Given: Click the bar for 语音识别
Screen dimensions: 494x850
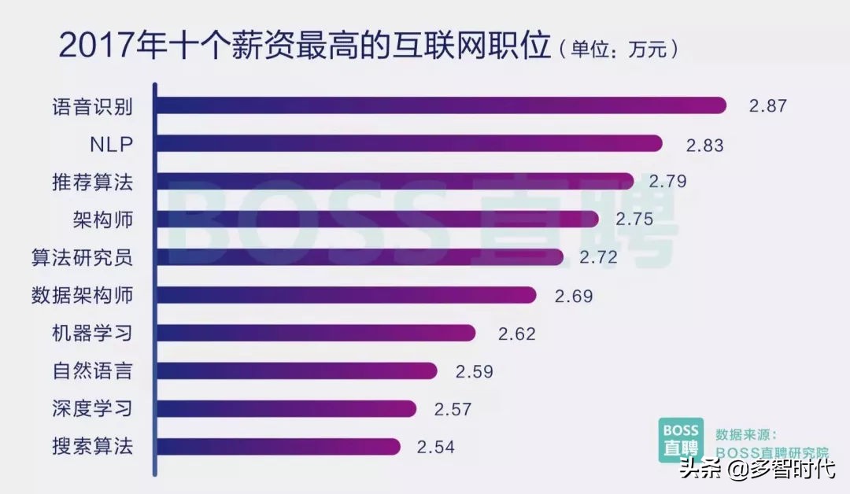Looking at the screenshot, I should point(441,105).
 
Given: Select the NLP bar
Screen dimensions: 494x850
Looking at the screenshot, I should point(409,143).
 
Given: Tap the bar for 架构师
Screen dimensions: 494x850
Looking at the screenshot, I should point(378,219).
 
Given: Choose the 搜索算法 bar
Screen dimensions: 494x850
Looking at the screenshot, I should point(279,447).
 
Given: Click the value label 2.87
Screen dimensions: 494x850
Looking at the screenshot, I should point(767,106).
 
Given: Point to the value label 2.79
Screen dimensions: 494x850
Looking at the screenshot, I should point(667,181).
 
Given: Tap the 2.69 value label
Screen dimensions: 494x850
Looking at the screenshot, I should point(573,296).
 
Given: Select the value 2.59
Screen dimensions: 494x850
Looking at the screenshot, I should point(474,371).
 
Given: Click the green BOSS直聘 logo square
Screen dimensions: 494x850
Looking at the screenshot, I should point(680,440).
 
